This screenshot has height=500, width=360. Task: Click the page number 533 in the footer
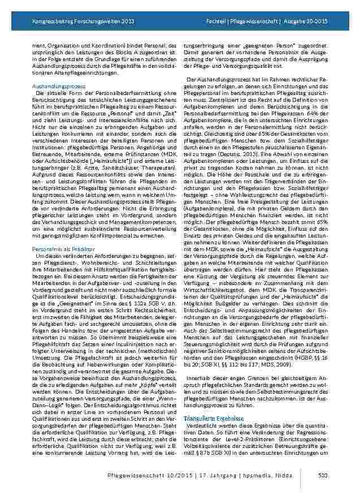tap(323, 475)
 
